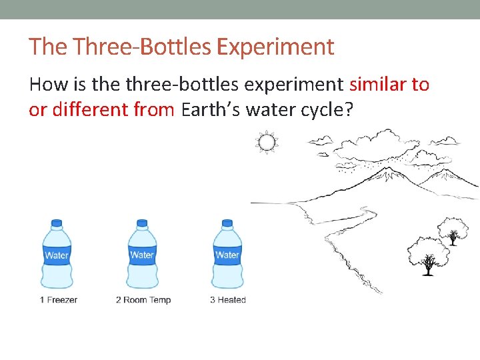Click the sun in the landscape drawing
coord(267,141)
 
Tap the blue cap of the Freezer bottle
coord(57,223)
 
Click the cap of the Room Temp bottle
coord(142,223)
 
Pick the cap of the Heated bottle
coord(227,223)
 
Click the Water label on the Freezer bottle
coord(57,255)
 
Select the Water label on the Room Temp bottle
coord(142,255)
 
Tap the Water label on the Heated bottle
coord(227,255)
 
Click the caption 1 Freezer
coord(58,300)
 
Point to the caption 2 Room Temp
coord(143,300)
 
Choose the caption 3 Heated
coord(227,300)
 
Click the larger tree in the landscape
coord(428,254)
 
